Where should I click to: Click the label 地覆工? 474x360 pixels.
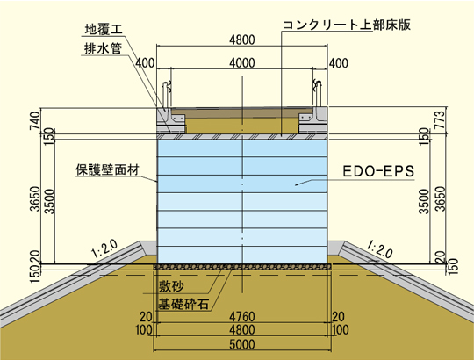click(x=104, y=30)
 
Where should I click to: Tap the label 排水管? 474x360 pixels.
click(x=103, y=48)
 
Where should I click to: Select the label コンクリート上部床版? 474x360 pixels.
click(x=347, y=25)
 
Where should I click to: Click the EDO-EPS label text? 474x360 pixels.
click(x=378, y=171)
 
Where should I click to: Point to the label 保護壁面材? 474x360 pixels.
click(x=108, y=169)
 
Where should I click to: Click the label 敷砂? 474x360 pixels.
click(x=171, y=286)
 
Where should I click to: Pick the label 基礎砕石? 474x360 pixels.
click(x=183, y=304)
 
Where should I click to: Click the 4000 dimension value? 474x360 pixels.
click(x=242, y=63)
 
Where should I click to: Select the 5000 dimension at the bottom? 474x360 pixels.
click(x=242, y=344)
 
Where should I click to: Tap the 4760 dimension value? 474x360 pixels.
click(x=242, y=317)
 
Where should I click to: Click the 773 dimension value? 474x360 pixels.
click(x=441, y=119)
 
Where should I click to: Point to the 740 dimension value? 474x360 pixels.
click(x=35, y=120)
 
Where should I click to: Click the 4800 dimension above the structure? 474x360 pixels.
click(x=242, y=40)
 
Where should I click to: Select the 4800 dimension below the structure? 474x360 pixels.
click(x=242, y=330)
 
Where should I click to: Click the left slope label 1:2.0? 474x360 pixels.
click(x=104, y=248)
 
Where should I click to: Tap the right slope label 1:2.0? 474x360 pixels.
click(x=380, y=248)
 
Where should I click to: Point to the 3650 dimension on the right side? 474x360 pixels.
click(x=441, y=198)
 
